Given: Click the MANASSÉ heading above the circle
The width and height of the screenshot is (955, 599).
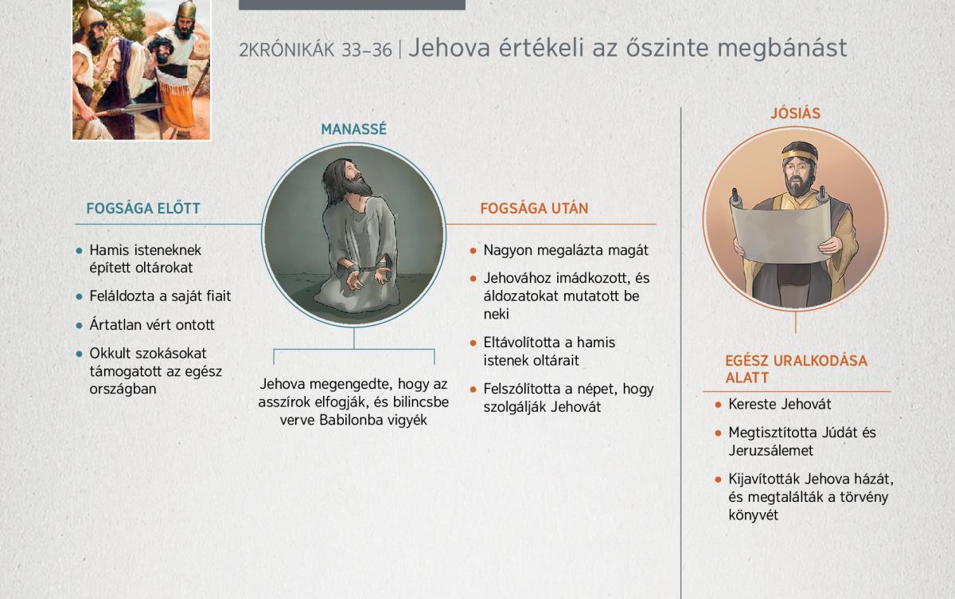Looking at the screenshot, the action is pos(353,129).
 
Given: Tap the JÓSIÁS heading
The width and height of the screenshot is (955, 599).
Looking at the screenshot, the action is pos(796,113).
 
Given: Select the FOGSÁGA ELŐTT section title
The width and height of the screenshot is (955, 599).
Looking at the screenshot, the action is pos(143,208).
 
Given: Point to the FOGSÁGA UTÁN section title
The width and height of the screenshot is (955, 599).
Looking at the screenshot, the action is pos(534,208).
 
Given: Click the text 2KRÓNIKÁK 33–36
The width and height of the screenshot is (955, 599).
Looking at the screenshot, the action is pos(315,50).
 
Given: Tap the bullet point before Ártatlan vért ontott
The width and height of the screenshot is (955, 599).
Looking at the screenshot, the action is pos(79,326).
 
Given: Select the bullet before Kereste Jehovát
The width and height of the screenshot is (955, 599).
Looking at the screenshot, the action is pos(718,405).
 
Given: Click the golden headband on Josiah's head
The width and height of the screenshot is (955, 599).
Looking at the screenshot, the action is pos(799,154).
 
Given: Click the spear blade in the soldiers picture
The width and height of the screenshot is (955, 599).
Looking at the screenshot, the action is pos(142,109).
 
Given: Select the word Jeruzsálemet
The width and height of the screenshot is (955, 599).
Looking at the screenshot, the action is pos(771,450).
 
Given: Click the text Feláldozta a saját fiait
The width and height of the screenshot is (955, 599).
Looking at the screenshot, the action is pos(160,296).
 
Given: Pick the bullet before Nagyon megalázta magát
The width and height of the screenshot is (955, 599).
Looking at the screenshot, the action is pos(473,251).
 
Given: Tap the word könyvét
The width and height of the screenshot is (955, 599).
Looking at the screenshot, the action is pos(754,515).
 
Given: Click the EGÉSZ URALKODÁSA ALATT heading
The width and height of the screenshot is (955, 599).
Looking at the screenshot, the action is pos(796,369).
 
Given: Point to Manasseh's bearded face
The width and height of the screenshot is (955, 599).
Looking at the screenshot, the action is pos(356,179).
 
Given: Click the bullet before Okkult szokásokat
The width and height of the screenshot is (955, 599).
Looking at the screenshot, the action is pos(79,354).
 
